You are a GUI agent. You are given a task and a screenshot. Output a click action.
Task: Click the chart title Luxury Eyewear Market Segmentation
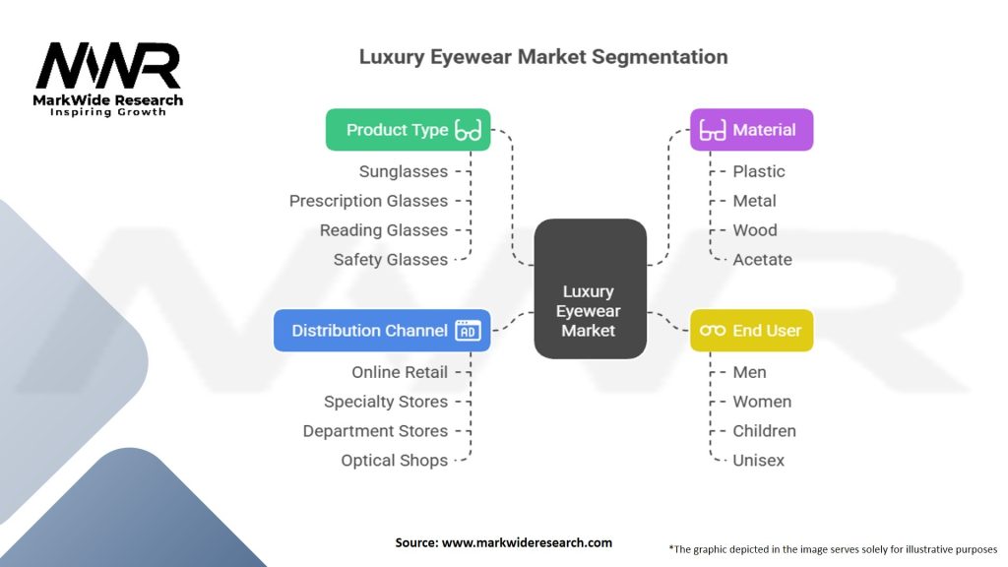pyautogui.click(x=543, y=56)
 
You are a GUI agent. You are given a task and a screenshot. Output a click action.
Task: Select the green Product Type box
pyautogui.click(x=408, y=130)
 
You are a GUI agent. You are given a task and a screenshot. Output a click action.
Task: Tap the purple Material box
pyautogui.click(x=751, y=130)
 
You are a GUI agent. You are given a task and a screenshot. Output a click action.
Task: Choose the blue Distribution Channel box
pyautogui.click(x=382, y=331)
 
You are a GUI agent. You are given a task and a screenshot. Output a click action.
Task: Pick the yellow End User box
pyautogui.click(x=751, y=331)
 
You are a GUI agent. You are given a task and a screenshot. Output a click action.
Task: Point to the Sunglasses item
pyautogui.click(x=403, y=171)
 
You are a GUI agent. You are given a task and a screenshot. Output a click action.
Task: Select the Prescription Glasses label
pyautogui.click(x=368, y=201)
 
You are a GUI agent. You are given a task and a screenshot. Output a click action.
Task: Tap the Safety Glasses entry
pyautogui.click(x=390, y=260)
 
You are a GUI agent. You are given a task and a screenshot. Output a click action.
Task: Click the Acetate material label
pyautogui.click(x=762, y=260)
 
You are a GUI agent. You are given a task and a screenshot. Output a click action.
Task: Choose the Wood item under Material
pyautogui.click(x=755, y=230)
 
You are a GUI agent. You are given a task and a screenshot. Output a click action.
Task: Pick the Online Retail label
pyautogui.click(x=400, y=372)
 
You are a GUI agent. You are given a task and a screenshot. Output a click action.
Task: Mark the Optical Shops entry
pyautogui.click(x=394, y=461)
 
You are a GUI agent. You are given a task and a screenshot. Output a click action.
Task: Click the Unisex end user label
pyautogui.click(x=758, y=461)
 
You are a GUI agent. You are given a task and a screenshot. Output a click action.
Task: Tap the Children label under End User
pyautogui.click(x=764, y=431)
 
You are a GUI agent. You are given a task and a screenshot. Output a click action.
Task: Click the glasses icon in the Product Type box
pyautogui.click(x=469, y=130)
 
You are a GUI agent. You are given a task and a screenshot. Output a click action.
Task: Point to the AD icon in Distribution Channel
pyautogui.click(x=469, y=331)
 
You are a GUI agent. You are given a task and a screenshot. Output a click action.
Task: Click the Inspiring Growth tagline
pyautogui.click(x=108, y=112)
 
